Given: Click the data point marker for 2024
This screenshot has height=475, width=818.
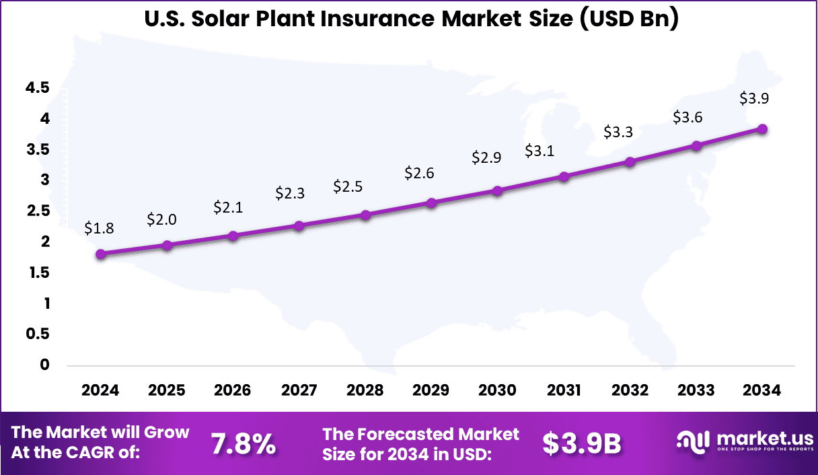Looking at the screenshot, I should [101, 254].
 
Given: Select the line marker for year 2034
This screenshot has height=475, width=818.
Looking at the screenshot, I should [762, 129].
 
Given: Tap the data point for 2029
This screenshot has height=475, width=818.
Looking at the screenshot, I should [432, 203].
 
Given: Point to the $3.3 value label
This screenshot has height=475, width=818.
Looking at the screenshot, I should [618, 132].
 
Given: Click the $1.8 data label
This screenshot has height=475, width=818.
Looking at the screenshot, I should [99, 228].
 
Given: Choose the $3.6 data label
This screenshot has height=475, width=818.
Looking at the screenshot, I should [687, 117].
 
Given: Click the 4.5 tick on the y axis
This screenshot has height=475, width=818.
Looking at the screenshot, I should [38, 87].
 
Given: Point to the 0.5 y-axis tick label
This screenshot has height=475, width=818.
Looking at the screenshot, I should [38, 334].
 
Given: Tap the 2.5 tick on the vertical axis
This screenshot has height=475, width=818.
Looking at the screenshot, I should [38, 211].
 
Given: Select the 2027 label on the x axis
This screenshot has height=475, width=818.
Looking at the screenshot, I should [299, 391].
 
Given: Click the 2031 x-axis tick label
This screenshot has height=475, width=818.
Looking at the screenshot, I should [564, 391].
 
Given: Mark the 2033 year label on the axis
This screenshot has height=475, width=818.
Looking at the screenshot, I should [696, 391].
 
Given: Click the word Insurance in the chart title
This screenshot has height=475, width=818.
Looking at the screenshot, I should [375, 20].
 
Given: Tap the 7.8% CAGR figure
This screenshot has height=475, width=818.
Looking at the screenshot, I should [243, 443].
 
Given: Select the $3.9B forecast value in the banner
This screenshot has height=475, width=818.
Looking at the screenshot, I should [582, 443].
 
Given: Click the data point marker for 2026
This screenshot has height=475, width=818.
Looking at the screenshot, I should [233, 235].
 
